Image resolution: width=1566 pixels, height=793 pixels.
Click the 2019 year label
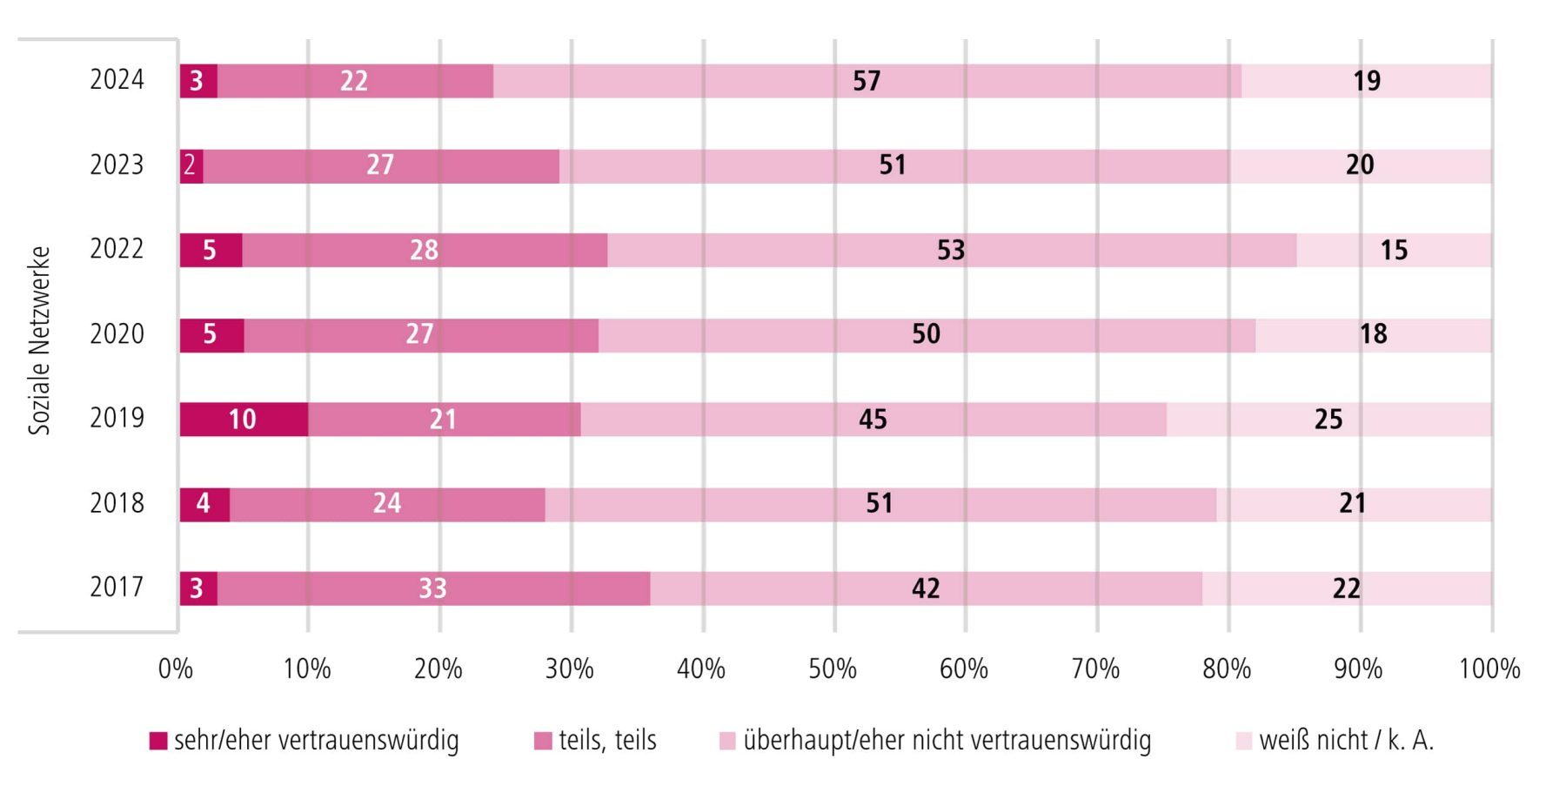pyautogui.click(x=117, y=419)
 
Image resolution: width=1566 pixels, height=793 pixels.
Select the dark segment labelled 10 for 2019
pyautogui.click(x=243, y=420)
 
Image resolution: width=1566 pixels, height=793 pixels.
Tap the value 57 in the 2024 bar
pyautogui.click(x=867, y=81)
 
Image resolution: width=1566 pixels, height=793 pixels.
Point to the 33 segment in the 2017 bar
pyautogui.click(x=432, y=589)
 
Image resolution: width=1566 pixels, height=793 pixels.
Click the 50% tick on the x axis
pyautogui.click(x=833, y=669)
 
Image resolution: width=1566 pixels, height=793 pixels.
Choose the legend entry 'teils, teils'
pyautogui.click(x=595, y=741)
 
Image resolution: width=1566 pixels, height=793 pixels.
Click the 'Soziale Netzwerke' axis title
pyautogui.click(x=40, y=340)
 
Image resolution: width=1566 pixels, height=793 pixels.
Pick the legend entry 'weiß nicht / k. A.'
pyautogui.click(x=1335, y=741)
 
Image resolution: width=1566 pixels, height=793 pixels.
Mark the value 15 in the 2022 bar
pyautogui.click(x=1394, y=251)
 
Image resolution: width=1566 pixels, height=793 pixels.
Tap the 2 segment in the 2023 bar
pyautogui.click(x=190, y=165)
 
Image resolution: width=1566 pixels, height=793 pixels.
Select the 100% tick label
pyautogui.click(x=1489, y=669)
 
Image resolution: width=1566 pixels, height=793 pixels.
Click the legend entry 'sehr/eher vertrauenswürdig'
pyautogui.click(x=304, y=741)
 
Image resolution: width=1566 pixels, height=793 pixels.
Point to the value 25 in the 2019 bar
pyautogui.click(x=1328, y=420)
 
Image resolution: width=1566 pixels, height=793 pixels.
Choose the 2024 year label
pyautogui.click(x=117, y=80)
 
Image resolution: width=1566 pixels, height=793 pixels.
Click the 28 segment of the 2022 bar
pyautogui.click(x=424, y=251)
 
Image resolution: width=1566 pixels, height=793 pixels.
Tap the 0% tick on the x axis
pyautogui.click(x=176, y=669)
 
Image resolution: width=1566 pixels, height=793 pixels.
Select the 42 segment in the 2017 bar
pyautogui.click(x=926, y=589)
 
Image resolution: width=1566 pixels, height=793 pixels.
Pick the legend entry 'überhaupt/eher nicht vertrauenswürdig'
pyautogui.click(x=935, y=741)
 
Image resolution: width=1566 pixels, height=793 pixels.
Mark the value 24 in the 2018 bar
pyautogui.click(x=387, y=504)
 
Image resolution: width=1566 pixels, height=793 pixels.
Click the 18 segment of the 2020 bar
pyautogui.click(x=1374, y=335)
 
